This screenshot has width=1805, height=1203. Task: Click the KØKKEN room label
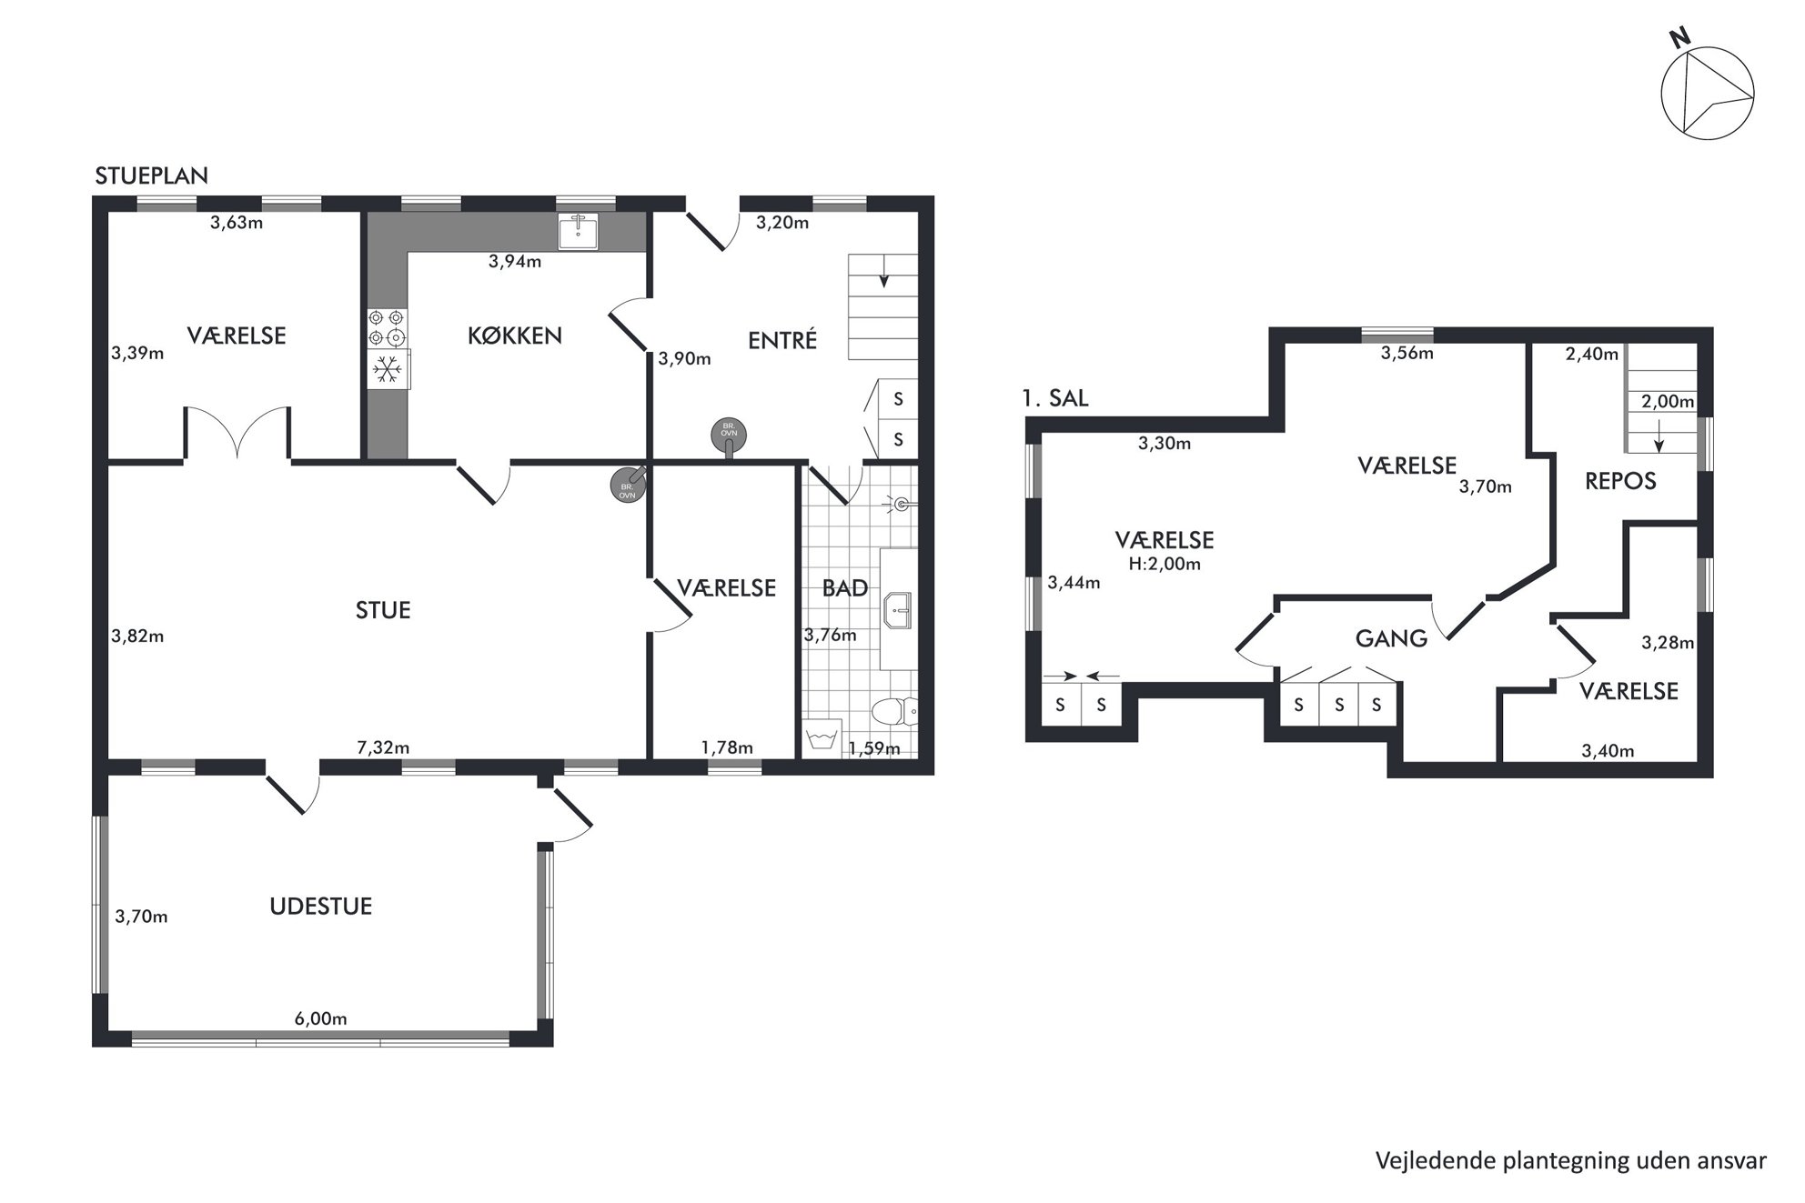point(515,336)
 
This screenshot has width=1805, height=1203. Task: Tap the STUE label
point(383,610)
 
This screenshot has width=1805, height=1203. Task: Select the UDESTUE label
point(321,907)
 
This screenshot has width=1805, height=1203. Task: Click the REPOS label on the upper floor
point(1620,481)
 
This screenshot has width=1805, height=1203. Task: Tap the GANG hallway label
point(1391,638)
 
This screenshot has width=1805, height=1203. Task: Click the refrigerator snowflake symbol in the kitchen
point(388,369)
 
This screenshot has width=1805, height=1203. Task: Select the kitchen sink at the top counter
point(578,232)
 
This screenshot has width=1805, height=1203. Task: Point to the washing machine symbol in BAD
point(822,737)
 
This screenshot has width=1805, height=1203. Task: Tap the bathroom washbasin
point(899,610)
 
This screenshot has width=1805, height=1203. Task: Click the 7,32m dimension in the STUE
point(383,747)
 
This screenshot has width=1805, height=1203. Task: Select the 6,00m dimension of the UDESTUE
point(320,1018)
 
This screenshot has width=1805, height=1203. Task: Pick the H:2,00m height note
point(1165,564)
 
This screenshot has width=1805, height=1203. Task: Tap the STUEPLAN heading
point(152,176)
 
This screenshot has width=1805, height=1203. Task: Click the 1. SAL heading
point(1055,398)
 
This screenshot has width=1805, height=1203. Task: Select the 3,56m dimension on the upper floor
point(1407,354)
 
